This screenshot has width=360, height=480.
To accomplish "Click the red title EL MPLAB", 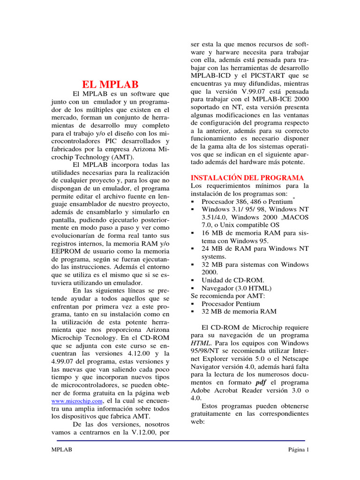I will coord(111,85).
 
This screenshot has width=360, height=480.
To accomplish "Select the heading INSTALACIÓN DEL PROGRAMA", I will coord(247,178).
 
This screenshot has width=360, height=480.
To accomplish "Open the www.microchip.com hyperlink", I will coord(76,402).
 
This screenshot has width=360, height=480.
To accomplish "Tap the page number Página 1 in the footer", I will coord(299,450).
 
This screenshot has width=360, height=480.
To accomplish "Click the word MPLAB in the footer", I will coord(62,450).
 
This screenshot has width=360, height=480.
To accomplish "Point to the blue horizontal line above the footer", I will coord(181,441).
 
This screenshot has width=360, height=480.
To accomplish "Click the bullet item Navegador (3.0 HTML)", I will coord(236,288).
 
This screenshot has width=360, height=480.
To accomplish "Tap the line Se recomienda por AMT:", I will coord(227,296).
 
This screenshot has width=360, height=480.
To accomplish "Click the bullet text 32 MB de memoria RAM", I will coord(239,312).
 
